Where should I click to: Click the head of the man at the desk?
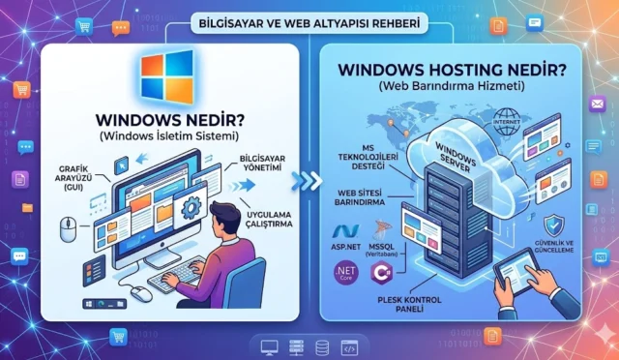(221, 214)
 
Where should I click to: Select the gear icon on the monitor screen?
(191, 207)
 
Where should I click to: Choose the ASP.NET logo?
(346, 236)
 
